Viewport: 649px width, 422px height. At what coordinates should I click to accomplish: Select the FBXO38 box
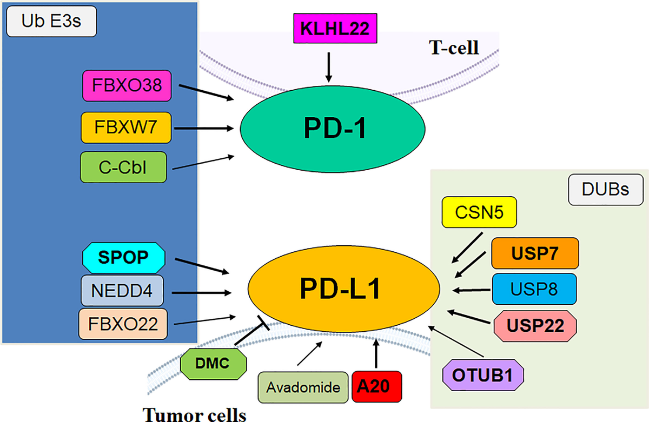click(127, 85)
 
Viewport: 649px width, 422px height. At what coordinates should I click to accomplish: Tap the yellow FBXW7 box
click(127, 128)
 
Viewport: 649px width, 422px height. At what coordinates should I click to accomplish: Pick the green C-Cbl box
click(123, 167)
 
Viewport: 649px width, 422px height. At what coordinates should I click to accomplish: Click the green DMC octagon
click(213, 363)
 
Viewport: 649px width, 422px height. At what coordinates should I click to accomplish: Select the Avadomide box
click(303, 387)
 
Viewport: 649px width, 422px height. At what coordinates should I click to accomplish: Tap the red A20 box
click(378, 387)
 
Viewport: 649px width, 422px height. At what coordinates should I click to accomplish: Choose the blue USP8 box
click(534, 289)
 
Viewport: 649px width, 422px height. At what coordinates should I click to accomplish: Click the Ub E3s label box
click(50, 23)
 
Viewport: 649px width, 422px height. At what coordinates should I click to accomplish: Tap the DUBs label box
click(605, 190)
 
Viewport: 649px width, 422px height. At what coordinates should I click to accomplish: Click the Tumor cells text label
click(195, 414)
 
